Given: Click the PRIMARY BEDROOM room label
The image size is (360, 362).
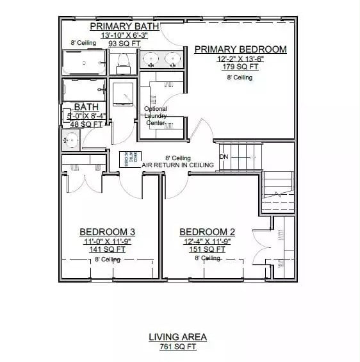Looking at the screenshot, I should [x=240, y=49].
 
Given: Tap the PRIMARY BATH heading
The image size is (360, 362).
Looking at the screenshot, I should [x=124, y=26].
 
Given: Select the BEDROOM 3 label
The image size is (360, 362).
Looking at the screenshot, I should [x=107, y=232].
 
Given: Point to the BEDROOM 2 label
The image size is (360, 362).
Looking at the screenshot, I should [x=207, y=232].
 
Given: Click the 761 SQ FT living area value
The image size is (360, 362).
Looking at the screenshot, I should [x=177, y=347].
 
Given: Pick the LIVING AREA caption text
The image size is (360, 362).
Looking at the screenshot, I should [x=177, y=337].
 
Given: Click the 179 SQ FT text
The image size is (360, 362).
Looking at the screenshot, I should [x=240, y=67].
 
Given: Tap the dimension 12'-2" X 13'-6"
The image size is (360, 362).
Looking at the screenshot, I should [x=240, y=58].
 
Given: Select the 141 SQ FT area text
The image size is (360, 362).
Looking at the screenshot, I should [x=107, y=249].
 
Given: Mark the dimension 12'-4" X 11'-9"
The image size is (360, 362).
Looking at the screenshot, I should [x=207, y=241].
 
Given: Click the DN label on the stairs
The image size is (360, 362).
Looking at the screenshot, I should [x=224, y=157].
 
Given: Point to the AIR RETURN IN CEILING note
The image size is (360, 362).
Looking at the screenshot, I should [x=177, y=165].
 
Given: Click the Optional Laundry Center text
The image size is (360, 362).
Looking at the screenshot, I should [x=156, y=115].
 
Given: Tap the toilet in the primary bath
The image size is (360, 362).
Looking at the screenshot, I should [x=124, y=62].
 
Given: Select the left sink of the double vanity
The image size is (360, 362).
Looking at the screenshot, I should [x=152, y=60].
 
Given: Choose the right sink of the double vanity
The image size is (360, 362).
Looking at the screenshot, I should [x=172, y=60].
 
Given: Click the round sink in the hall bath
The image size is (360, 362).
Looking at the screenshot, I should [x=71, y=138].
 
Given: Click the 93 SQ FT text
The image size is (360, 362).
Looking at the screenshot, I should [x=120, y=44].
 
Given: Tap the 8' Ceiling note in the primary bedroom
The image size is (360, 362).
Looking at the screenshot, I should [x=240, y=78].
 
